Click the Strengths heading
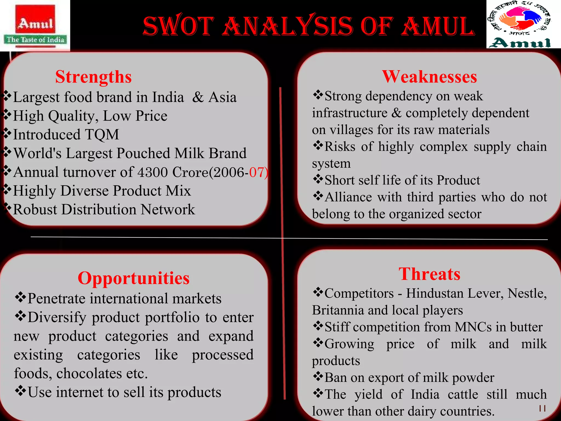(x=93, y=77)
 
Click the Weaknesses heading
(x=429, y=77)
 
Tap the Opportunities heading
(x=133, y=278)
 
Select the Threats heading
(x=429, y=274)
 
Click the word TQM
(x=102, y=135)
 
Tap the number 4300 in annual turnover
(x=152, y=172)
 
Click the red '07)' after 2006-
(x=259, y=172)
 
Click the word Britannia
(x=338, y=310)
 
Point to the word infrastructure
(x=350, y=113)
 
